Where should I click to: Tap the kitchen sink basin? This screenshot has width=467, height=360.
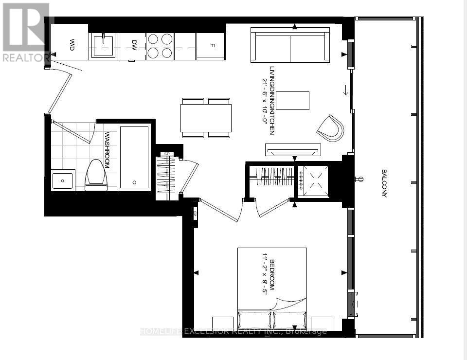click(x=103, y=46)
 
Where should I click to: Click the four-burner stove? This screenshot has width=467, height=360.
click(x=160, y=46)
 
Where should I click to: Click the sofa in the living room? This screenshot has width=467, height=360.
click(x=290, y=45)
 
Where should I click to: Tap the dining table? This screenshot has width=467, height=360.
click(x=205, y=118)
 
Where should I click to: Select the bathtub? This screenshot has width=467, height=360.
click(x=134, y=157)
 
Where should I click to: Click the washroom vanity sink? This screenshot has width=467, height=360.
click(x=63, y=180)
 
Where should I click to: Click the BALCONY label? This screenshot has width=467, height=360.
click(x=384, y=183)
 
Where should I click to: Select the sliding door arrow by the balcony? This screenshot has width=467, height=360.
click(x=346, y=90)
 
